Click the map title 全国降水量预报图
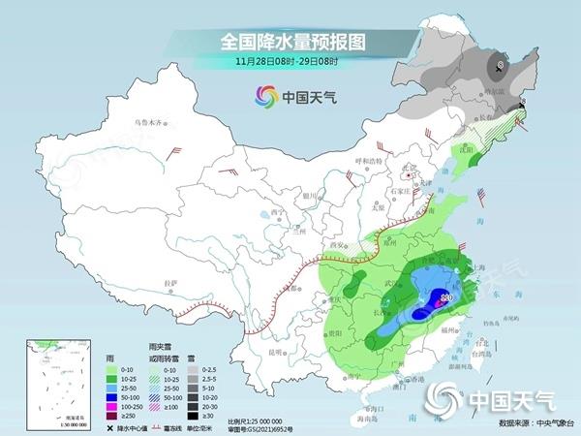point(290,42)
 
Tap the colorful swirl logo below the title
point(264,96)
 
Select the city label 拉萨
point(171,282)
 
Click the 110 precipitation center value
point(446,296)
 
